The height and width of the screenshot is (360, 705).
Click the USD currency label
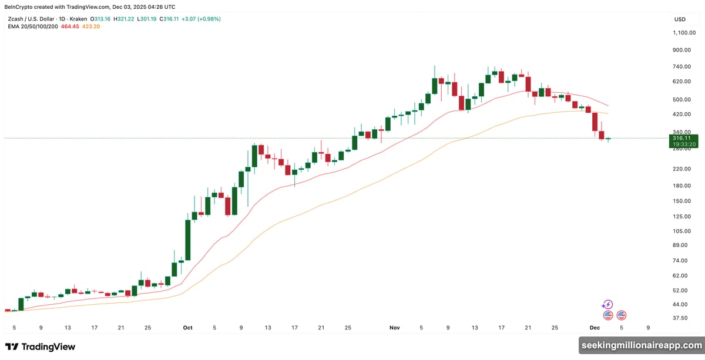tap(680, 19)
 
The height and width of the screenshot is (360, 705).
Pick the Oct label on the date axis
tap(187, 328)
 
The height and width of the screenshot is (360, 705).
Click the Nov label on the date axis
tap(394, 328)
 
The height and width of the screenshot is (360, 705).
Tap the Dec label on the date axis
tap(594, 328)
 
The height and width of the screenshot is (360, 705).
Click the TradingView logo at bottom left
tap(40, 346)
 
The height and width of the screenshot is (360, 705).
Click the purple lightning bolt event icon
tap(607, 304)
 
